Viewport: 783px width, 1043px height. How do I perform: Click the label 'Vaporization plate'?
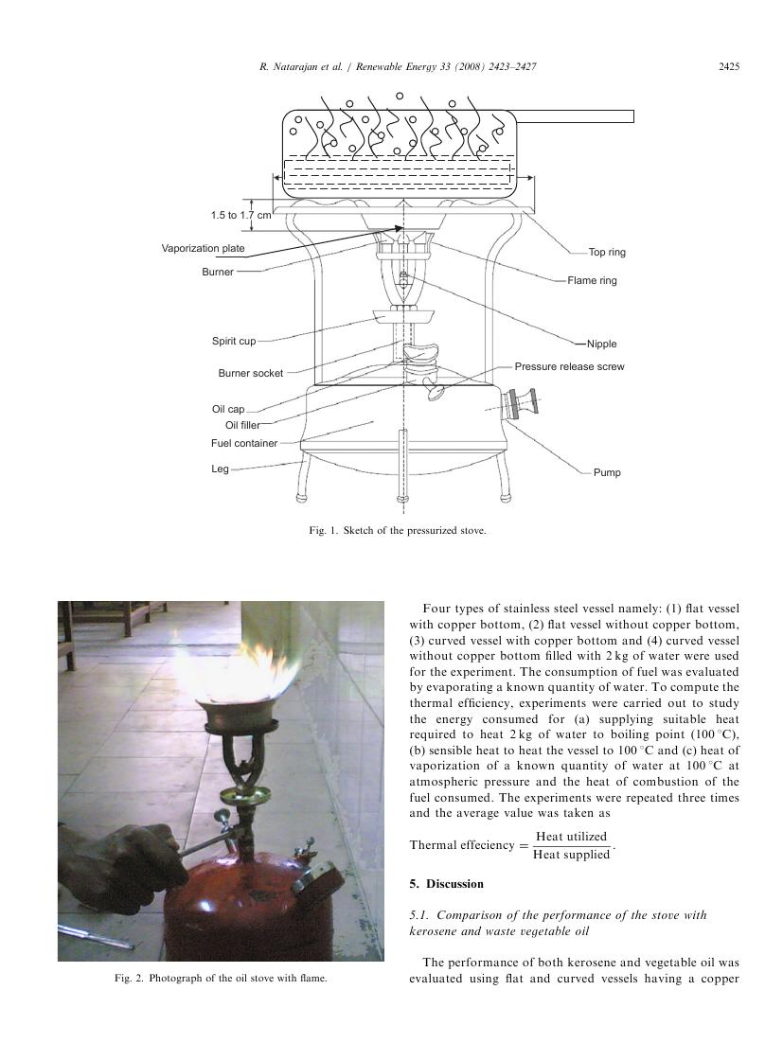click(203, 248)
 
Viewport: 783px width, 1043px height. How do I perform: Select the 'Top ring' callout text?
click(607, 252)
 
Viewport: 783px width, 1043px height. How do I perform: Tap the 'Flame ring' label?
click(592, 281)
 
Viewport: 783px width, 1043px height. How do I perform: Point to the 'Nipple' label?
click(601, 344)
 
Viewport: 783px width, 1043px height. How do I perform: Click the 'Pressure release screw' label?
click(569, 366)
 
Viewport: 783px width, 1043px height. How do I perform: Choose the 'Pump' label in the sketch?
click(607, 472)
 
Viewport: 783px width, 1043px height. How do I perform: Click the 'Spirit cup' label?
click(234, 342)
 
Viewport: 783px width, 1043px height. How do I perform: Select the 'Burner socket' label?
click(250, 373)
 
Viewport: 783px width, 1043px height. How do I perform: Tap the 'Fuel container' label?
click(244, 443)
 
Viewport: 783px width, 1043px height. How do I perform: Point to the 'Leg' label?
click(220, 468)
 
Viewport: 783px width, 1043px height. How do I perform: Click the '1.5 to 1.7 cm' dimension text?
click(240, 215)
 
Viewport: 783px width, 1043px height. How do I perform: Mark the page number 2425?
click(729, 66)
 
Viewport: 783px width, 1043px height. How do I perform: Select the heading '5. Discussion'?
click(446, 884)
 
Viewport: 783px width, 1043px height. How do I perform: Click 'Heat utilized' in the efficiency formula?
click(572, 837)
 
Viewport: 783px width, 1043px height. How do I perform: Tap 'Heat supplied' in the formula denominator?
click(572, 855)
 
